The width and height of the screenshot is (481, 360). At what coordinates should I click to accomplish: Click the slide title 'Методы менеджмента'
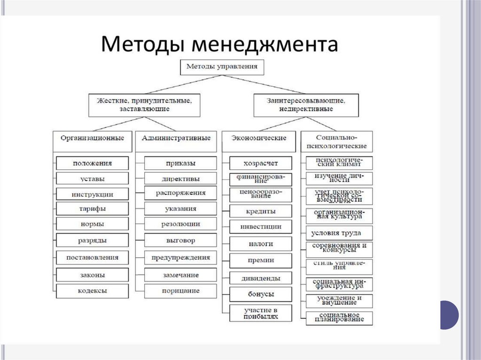click(219, 45)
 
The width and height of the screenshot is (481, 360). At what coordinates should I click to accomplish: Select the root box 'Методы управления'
click(222, 67)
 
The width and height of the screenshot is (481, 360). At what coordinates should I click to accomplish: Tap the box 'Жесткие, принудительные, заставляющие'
click(144, 105)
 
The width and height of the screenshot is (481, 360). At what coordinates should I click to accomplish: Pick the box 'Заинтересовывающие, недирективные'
click(306, 105)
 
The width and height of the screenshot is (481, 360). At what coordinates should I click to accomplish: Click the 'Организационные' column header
click(92, 138)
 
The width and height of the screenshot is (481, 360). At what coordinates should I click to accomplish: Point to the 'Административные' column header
click(176, 138)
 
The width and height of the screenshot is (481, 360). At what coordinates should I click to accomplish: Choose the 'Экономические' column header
click(259, 138)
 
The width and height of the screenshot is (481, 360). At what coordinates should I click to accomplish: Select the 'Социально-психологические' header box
click(337, 141)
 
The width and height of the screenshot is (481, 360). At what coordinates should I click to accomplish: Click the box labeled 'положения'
click(92, 163)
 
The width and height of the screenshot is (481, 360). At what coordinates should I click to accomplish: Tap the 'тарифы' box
click(92, 209)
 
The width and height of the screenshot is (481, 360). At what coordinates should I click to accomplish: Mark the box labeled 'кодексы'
click(92, 291)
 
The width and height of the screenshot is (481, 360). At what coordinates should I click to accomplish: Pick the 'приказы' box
click(180, 163)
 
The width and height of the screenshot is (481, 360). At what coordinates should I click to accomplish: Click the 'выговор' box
click(180, 241)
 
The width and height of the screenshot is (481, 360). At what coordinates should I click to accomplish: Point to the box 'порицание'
click(180, 291)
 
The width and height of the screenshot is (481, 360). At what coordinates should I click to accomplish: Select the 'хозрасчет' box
click(261, 163)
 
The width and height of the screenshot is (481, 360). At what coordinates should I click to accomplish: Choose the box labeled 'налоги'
click(261, 244)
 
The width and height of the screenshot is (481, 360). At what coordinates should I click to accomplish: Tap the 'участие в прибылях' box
click(261, 313)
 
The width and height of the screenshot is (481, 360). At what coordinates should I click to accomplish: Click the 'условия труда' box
click(339, 233)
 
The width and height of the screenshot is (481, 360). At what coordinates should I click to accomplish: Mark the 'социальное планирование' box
click(339, 318)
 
